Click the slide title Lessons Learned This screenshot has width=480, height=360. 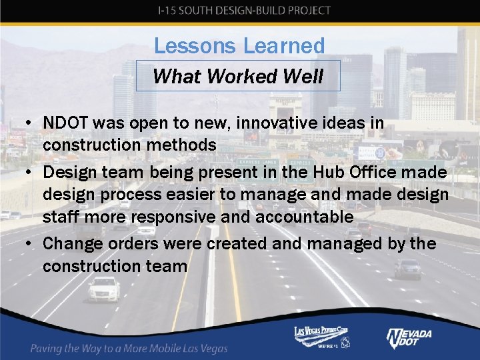[x=239, y=45]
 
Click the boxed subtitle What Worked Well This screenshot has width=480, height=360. [x=238, y=76]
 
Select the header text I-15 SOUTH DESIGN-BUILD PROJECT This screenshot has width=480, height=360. [x=244, y=10]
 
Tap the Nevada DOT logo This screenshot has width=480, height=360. [x=409, y=338]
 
